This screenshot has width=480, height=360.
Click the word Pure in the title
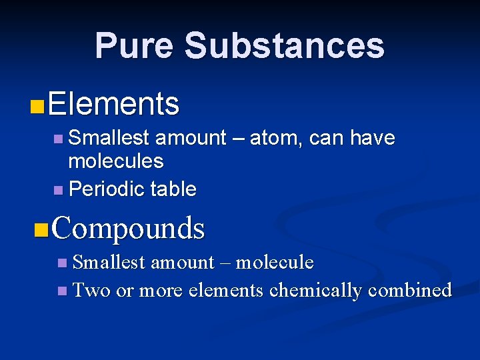(134, 46)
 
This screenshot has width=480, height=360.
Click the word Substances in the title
(285, 46)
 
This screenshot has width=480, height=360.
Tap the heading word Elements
(113, 104)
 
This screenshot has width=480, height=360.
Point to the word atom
(275, 139)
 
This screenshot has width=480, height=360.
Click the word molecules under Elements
(116, 161)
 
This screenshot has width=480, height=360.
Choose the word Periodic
(107, 189)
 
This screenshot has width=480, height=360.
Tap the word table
(173, 189)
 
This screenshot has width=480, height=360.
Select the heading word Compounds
(127, 228)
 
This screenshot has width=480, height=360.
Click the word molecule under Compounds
(275, 263)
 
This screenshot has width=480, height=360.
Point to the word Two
(91, 291)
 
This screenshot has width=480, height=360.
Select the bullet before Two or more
(62, 291)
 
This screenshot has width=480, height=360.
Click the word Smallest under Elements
(109, 139)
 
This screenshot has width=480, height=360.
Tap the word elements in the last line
(226, 291)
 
